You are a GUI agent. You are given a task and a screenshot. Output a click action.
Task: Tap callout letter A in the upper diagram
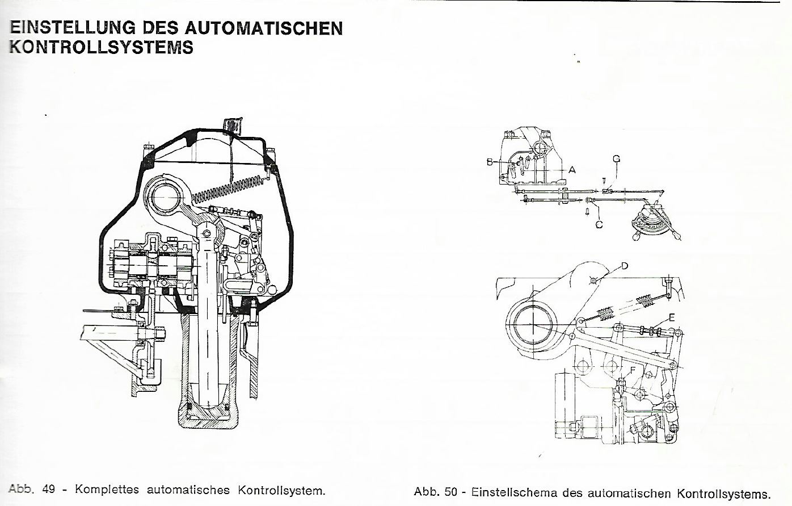click(572, 169)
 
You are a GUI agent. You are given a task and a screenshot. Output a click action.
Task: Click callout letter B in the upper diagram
click(490, 162)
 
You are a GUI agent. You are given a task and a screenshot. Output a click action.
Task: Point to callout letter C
click(599, 224)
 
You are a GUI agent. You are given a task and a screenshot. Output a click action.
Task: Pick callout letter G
click(616, 159)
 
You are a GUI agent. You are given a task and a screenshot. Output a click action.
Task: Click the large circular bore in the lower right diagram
click(533, 324)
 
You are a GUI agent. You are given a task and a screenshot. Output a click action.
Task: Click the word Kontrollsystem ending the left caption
click(282, 490)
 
